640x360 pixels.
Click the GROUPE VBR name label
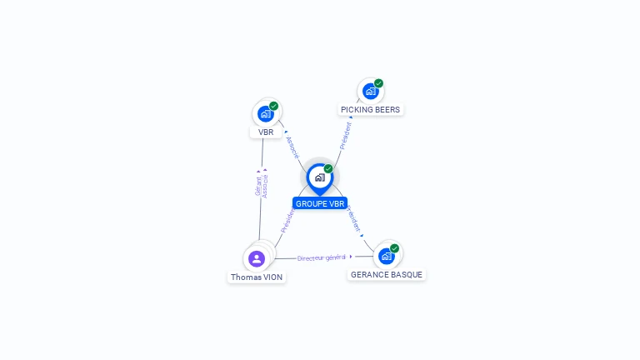pyautogui.click(x=320, y=203)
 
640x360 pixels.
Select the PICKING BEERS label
pyautogui.click(x=370, y=109)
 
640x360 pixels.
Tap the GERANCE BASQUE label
pyautogui.click(x=386, y=274)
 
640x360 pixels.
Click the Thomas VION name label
pyautogui.click(x=257, y=277)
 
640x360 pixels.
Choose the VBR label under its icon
pyautogui.click(x=266, y=132)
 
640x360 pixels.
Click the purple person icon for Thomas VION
pyautogui.click(x=257, y=257)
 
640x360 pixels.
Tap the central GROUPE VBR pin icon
pyautogui.click(x=319, y=177)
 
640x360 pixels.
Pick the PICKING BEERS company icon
pyautogui.click(x=370, y=91)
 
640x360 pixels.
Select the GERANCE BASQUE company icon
pyautogui.click(x=386, y=256)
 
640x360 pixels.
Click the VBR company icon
pyautogui.click(x=265, y=113)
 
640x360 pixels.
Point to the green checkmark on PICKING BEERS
pyautogui.click(x=378, y=83)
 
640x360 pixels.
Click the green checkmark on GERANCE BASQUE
pyautogui.click(x=394, y=248)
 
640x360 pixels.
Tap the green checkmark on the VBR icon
pyautogui.click(x=273, y=106)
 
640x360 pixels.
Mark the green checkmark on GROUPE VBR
pyautogui.click(x=328, y=168)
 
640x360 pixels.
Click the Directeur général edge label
pyautogui.click(x=321, y=257)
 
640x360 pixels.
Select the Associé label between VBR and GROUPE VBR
pyautogui.click(x=292, y=146)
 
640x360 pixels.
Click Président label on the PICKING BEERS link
pyautogui.click(x=346, y=134)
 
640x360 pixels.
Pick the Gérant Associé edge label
pyautogui.click(x=262, y=185)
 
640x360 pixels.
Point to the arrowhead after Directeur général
pyautogui.click(x=351, y=257)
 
